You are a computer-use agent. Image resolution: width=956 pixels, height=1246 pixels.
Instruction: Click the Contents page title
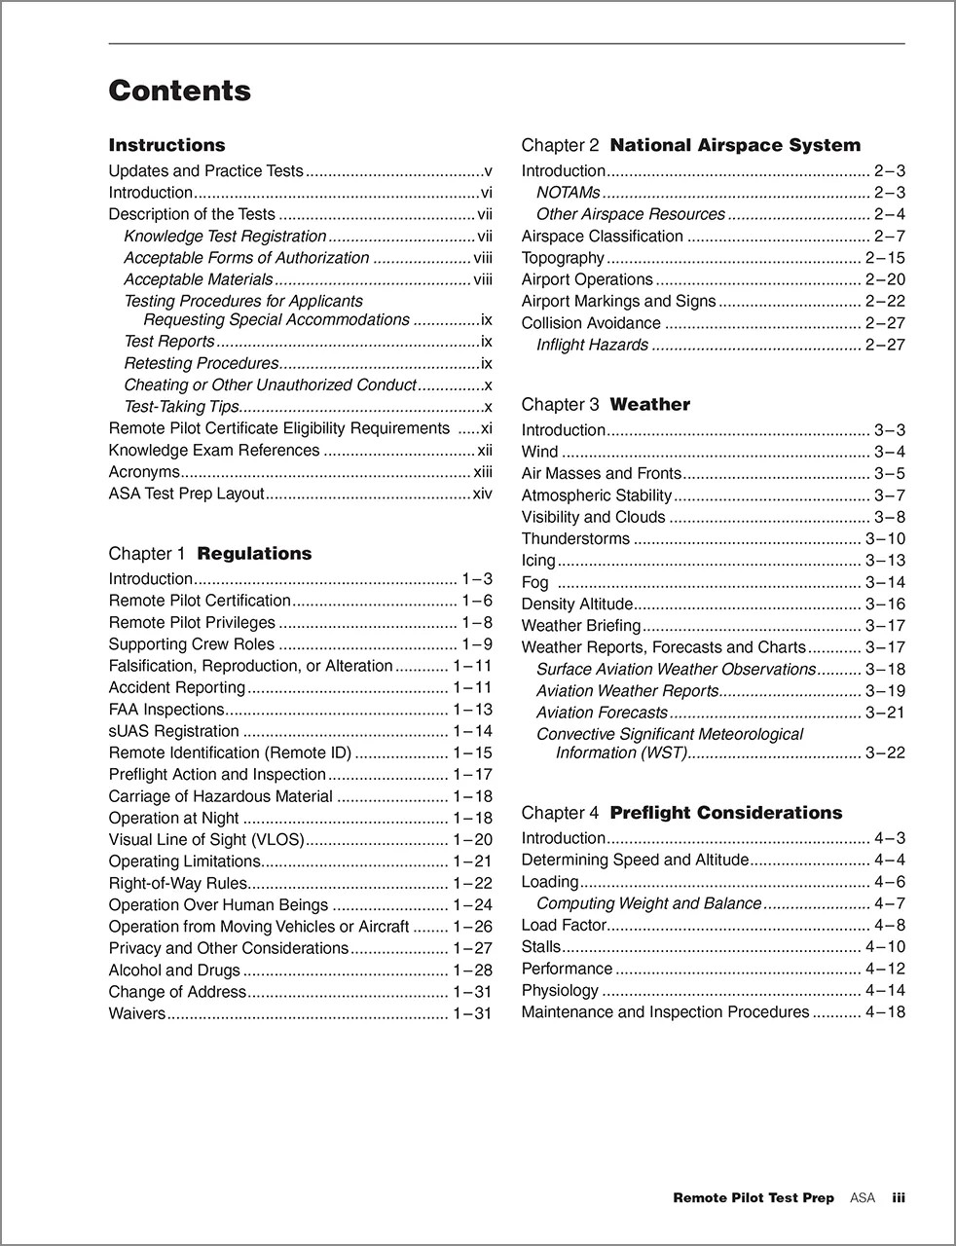(179, 91)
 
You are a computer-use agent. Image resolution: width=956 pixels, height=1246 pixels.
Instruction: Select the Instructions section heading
(166, 145)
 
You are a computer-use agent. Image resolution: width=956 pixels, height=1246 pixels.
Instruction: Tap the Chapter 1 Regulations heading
(210, 553)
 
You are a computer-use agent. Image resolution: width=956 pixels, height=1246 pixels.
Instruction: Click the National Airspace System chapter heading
(691, 145)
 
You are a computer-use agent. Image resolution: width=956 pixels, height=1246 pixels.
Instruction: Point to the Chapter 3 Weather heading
(606, 404)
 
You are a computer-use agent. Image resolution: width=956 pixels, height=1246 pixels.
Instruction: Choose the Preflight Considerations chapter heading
(681, 812)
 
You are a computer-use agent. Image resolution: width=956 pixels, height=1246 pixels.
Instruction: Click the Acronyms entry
(144, 472)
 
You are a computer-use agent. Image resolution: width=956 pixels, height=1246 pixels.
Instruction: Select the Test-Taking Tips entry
(181, 407)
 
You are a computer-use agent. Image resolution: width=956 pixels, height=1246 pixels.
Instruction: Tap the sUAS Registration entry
(173, 731)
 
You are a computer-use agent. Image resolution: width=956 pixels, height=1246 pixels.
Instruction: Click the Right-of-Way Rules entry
(177, 883)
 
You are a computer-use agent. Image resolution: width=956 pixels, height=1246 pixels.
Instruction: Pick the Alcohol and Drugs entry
(173, 970)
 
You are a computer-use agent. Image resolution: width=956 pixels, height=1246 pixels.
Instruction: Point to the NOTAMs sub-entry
(568, 193)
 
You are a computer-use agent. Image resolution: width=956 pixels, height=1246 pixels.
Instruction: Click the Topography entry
(563, 258)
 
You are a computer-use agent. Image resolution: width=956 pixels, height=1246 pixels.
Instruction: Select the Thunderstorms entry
(575, 538)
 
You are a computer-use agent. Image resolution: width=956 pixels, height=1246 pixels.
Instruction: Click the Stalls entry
(541, 946)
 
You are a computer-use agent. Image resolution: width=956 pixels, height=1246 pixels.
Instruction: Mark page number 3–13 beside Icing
(885, 561)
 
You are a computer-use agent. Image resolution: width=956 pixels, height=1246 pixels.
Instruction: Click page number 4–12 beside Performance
(885, 969)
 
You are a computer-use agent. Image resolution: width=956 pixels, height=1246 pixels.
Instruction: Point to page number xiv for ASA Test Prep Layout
(482, 494)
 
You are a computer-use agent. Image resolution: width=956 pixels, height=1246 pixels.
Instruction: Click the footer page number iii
(899, 1198)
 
